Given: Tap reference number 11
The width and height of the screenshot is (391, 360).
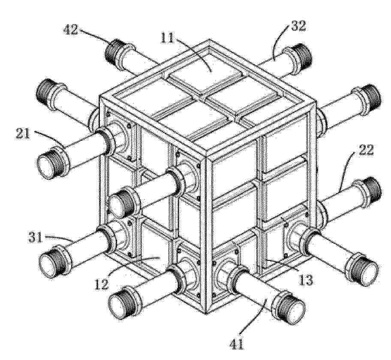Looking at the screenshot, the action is (x=168, y=37).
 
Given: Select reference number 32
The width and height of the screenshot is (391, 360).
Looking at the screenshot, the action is (x=298, y=26).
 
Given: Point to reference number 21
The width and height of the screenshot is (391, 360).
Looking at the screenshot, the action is (x=23, y=133).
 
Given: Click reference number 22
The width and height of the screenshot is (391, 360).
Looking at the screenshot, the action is (x=366, y=150).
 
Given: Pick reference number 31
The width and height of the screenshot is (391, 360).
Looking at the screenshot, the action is (x=35, y=237).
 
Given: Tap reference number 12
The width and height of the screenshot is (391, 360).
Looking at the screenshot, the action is (x=102, y=284).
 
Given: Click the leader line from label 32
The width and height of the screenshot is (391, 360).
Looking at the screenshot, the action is (x=279, y=42).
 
